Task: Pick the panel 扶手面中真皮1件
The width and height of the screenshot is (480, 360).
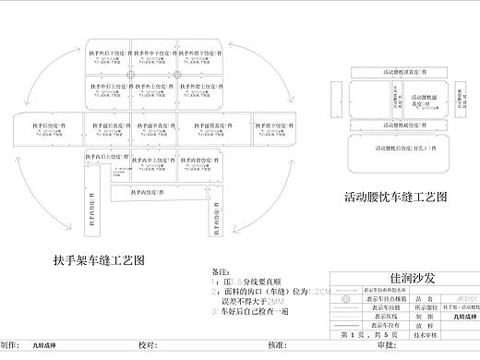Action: (153, 125)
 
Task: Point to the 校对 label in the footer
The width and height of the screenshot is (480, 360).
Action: (146, 345)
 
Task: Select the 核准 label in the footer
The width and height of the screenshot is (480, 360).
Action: (274, 345)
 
